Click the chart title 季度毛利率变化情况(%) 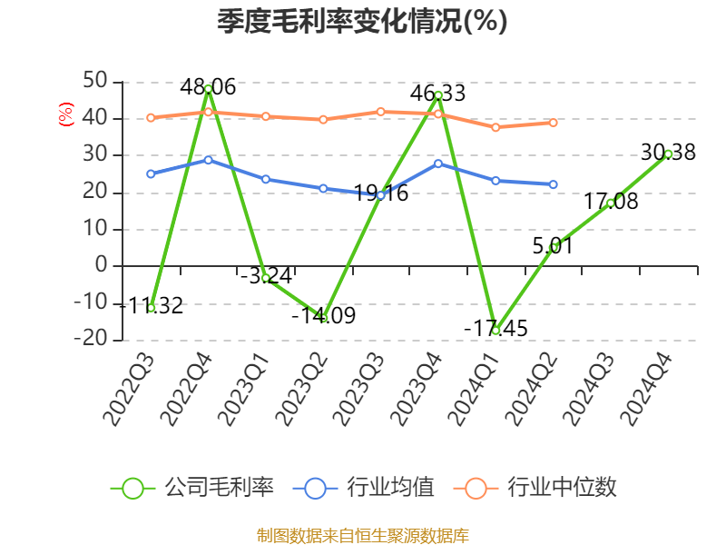(362, 22)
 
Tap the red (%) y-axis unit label (65, 114)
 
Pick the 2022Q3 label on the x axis (129, 391)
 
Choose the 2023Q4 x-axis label (417, 391)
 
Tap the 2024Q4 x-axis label (646, 391)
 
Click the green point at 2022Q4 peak (209, 89)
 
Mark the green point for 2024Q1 (495, 331)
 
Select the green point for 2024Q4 (668, 154)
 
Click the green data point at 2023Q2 (323, 318)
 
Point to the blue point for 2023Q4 (438, 163)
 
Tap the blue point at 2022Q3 (151, 173)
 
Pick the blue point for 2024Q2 (553, 184)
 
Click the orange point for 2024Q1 (495, 127)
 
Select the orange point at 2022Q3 (151, 117)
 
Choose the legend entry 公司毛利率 (192, 488)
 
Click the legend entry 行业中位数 (541, 488)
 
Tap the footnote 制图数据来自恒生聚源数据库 (362, 535)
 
